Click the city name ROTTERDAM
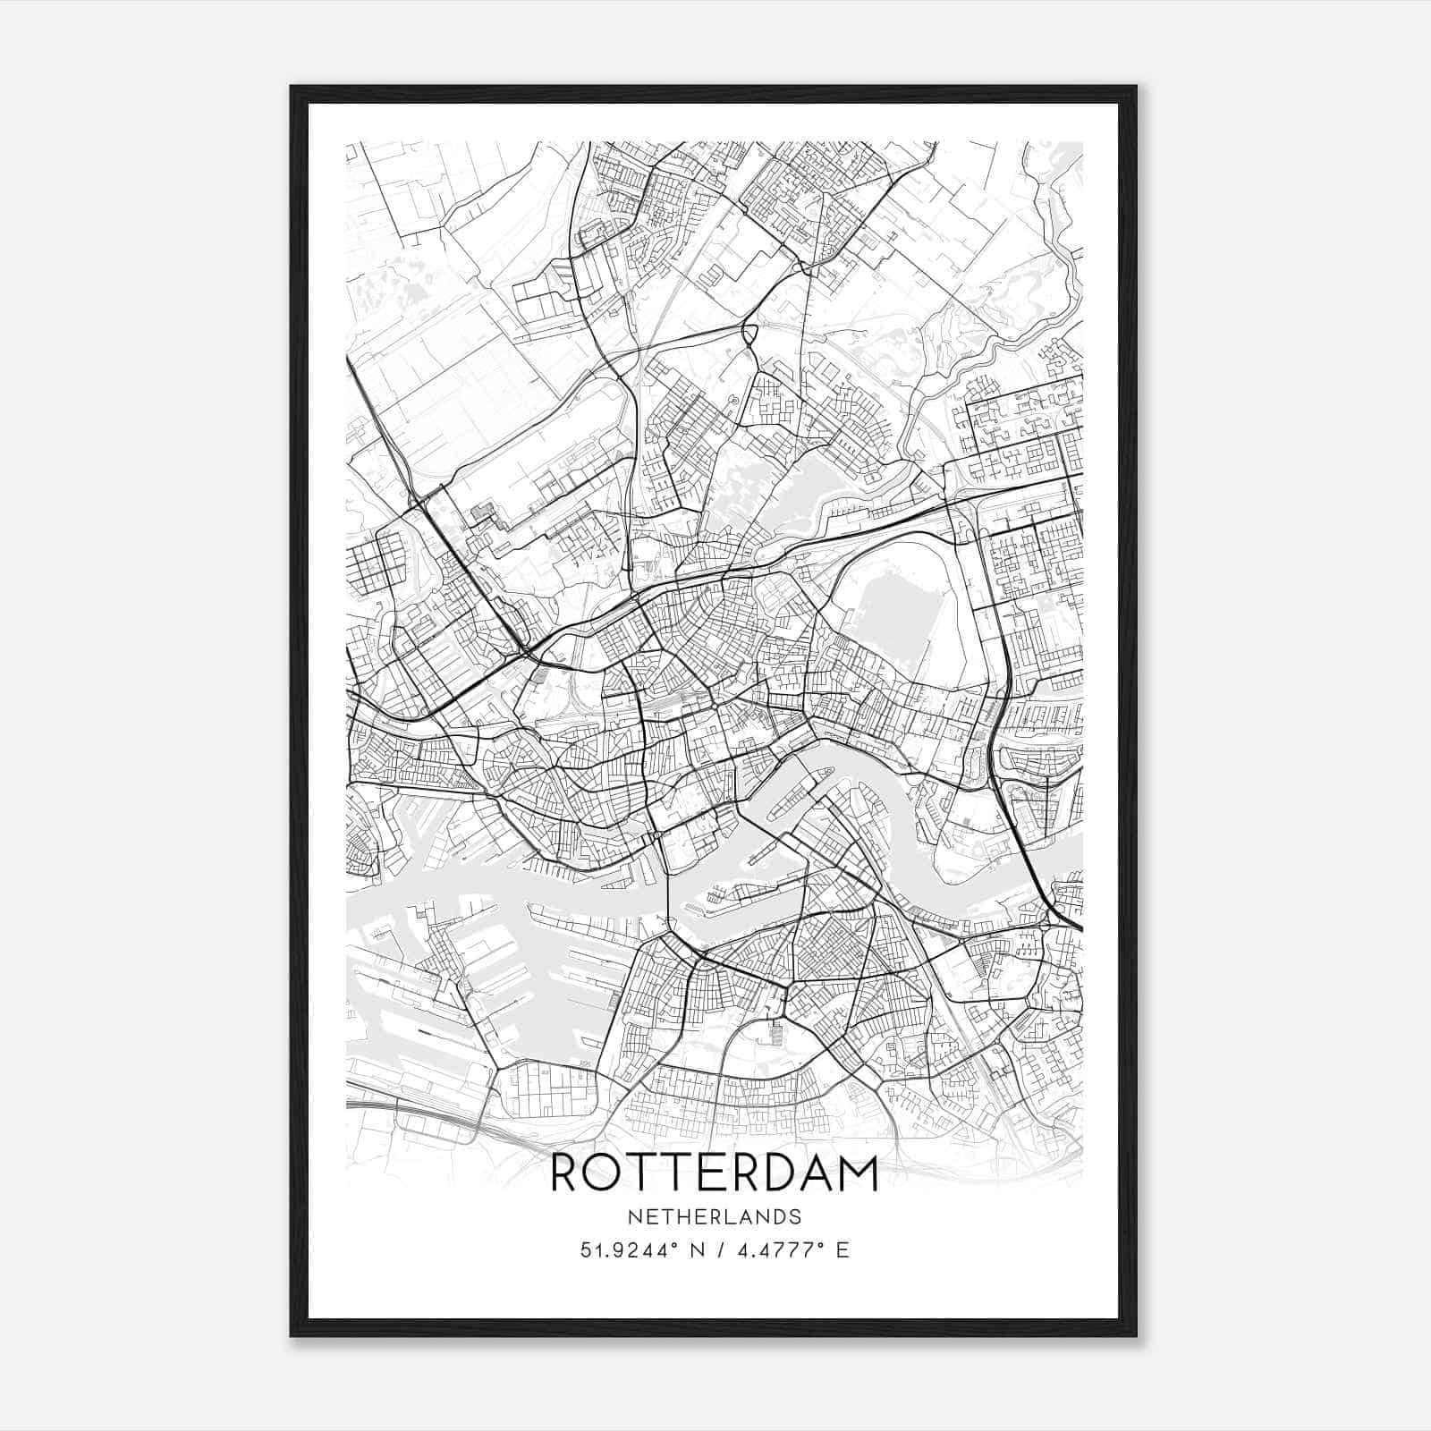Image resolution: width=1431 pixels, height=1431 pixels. click(x=714, y=1173)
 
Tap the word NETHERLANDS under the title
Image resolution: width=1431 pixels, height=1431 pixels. click(x=714, y=1217)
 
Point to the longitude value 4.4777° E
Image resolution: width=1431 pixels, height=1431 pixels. click(x=791, y=1250)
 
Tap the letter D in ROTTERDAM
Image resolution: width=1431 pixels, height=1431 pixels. click(x=771, y=1173)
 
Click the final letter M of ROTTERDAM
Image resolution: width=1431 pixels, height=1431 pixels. click(x=857, y=1173)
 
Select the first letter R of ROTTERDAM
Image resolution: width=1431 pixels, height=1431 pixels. click(x=567, y=1173)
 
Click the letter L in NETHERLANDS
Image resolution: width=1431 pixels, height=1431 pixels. click(x=722, y=1217)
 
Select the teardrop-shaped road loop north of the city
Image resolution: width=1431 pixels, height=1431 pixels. click(x=749, y=335)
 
